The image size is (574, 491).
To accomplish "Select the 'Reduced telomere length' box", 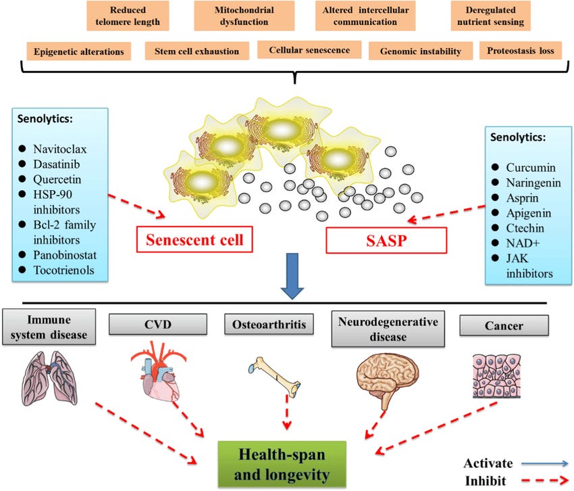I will point(128,16).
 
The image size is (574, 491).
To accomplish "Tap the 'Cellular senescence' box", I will point(309,50).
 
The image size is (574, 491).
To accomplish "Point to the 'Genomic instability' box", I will point(420,51).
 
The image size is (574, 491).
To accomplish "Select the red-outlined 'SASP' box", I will point(386,239).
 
